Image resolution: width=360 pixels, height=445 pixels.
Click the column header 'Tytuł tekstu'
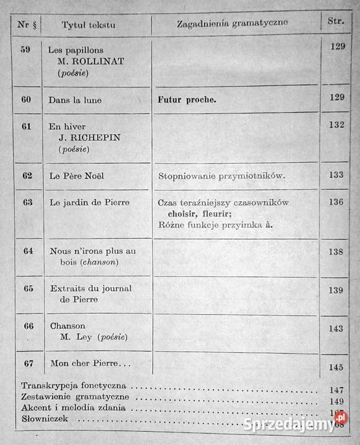click(x=88, y=25)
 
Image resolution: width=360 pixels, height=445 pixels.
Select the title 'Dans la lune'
click(x=75, y=100)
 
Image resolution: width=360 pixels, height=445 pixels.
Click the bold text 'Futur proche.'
click(x=187, y=100)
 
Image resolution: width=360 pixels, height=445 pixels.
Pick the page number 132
click(x=336, y=125)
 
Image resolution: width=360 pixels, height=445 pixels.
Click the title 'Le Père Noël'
click(x=77, y=176)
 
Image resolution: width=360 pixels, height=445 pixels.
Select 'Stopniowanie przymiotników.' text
click(x=221, y=176)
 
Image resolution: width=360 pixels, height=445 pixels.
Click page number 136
click(x=336, y=202)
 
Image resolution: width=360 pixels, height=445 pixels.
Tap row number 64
click(x=28, y=251)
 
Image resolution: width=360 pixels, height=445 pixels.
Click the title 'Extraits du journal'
click(x=90, y=289)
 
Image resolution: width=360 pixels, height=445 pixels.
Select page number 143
click(x=336, y=329)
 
